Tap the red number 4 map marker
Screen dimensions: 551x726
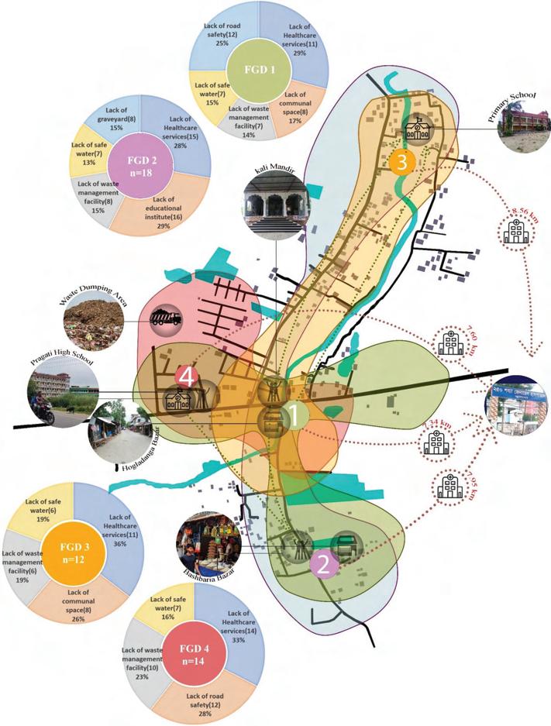184,377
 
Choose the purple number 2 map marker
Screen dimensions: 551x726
325,563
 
